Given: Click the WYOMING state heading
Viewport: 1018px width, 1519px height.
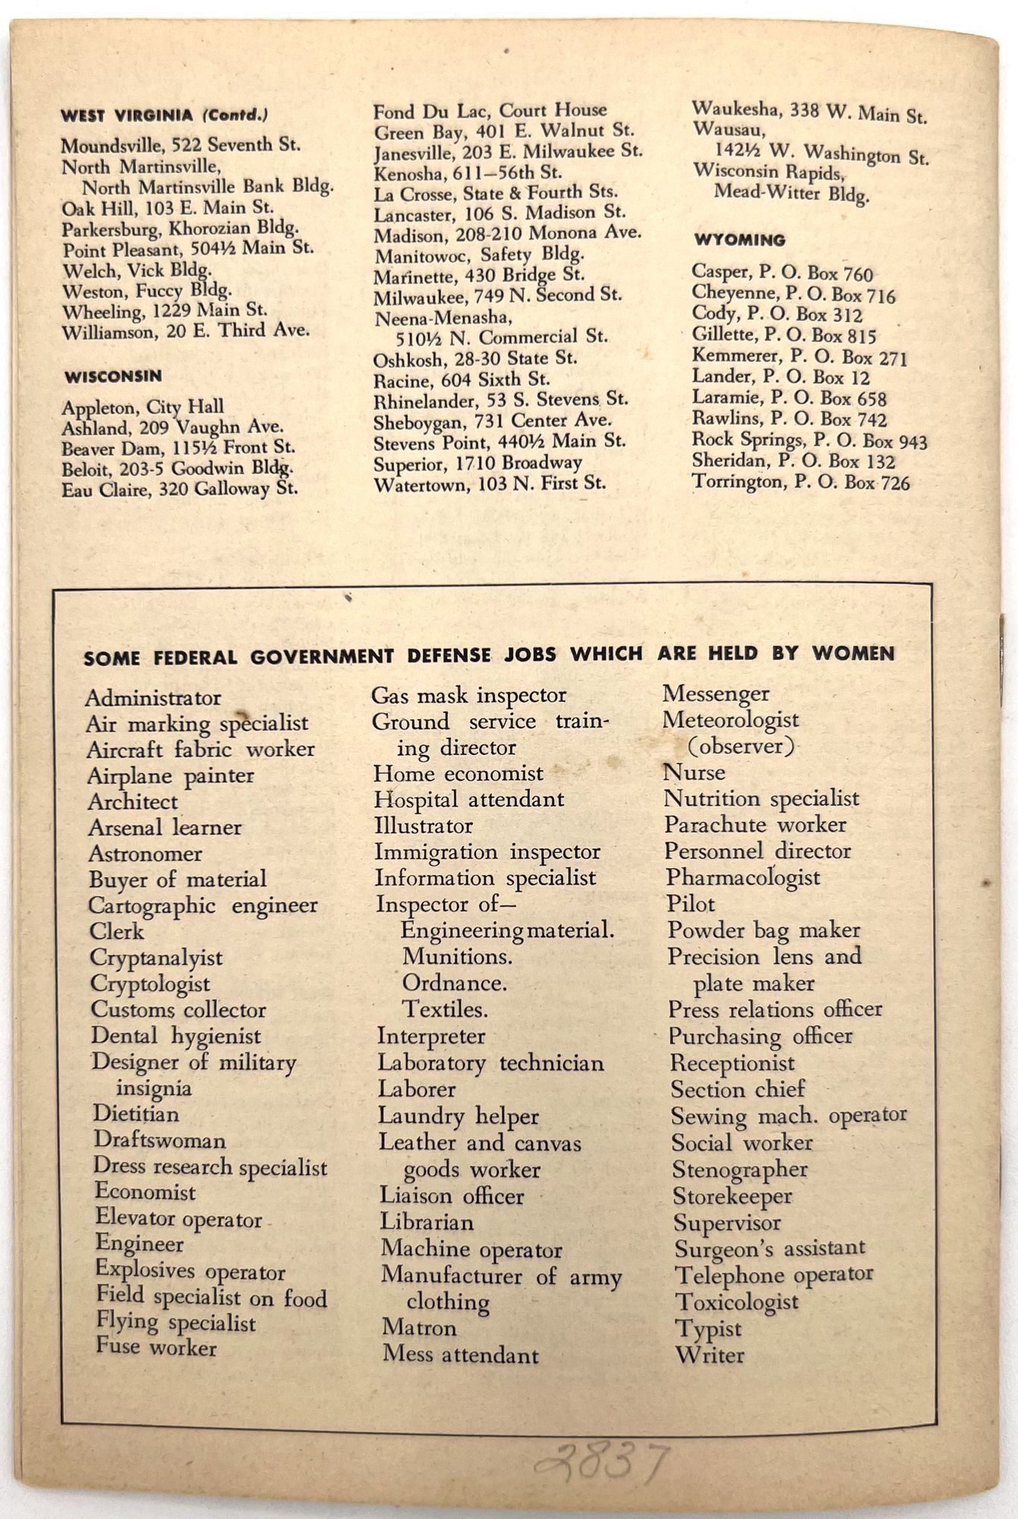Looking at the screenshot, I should [x=739, y=240].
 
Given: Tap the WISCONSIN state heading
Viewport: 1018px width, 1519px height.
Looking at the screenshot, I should [x=113, y=377].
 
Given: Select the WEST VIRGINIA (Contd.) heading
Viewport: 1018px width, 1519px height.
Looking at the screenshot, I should [x=164, y=116].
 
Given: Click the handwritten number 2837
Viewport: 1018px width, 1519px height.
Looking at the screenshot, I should [x=601, y=1462].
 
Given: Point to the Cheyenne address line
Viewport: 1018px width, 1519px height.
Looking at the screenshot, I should [x=793, y=294].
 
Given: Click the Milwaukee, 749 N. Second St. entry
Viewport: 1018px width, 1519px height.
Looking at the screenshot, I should [x=497, y=295].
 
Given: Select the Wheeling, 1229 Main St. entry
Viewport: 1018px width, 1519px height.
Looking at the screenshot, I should [x=164, y=311].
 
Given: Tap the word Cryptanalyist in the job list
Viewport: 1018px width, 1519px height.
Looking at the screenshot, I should [x=156, y=958].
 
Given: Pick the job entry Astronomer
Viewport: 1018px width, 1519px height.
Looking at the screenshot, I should [x=145, y=854].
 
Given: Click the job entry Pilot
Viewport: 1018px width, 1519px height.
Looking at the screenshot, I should [x=690, y=904].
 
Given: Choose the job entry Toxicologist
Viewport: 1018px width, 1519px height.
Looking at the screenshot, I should [x=736, y=1302].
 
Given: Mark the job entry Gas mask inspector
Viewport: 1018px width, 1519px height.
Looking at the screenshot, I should [x=468, y=695].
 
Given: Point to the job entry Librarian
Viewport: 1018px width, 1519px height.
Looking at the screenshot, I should [x=427, y=1223].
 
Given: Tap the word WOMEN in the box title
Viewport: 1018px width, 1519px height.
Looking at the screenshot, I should [x=853, y=653].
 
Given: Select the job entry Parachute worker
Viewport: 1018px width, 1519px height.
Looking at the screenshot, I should [x=755, y=825].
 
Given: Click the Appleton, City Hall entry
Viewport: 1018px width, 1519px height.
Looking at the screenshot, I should [x=143, y=407].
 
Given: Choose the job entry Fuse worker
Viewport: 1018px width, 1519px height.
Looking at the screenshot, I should [x=156, y=1347].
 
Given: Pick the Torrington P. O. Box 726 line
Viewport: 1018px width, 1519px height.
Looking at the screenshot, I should [x=800, y=482].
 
